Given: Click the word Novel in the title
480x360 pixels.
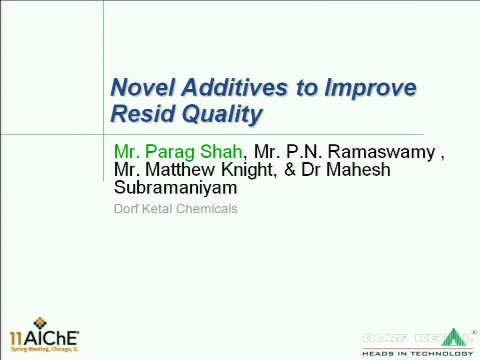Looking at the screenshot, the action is click(142, 87).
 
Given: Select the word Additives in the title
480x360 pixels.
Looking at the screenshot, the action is click(234, 87).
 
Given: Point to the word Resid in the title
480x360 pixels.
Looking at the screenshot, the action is click(142, 113).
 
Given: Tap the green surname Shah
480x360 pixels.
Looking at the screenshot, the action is click(221, 151).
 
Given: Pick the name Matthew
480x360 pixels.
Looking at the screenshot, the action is click(180, 169).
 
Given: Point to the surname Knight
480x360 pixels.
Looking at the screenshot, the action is click(248, 170).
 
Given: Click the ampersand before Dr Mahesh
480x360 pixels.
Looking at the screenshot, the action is click(290, 169).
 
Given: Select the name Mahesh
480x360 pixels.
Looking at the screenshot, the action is click(358, 169).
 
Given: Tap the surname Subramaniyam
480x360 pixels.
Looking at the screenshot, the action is click(176, 188).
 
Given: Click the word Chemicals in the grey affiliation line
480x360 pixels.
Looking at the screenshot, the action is click(207, 209).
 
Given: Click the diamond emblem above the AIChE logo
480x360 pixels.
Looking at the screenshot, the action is click(40, 323).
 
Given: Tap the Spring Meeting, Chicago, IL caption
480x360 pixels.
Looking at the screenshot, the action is click(45, 349).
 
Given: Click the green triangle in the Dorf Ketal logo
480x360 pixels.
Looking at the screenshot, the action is click(454, 337).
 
